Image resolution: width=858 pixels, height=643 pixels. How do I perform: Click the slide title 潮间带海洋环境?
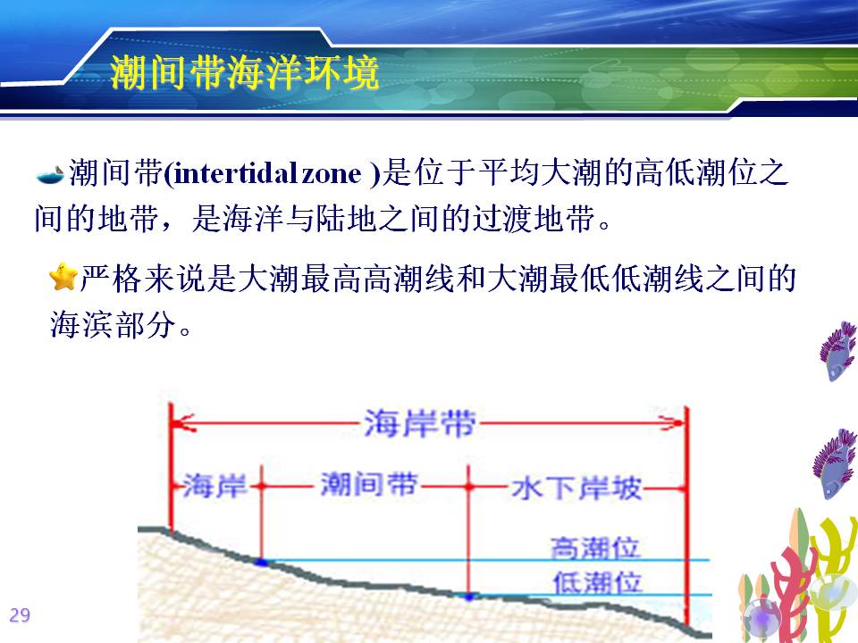[x=244, y=72]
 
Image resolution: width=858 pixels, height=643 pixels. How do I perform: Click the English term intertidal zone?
[x=267, y=174]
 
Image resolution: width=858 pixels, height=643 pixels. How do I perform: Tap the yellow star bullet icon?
[x=63, y=277]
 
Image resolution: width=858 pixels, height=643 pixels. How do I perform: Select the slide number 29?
[x=20, y=615]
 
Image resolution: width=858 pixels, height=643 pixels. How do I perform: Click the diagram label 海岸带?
[x=420, y=423]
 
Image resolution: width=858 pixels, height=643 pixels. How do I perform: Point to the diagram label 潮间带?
[x=369, y=484]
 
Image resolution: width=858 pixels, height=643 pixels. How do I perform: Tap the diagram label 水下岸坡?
[x=576, y=488]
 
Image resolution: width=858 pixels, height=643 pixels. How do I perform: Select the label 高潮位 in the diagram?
[x=595, y=547]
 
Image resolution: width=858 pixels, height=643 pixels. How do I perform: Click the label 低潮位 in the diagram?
[x=597, y=582]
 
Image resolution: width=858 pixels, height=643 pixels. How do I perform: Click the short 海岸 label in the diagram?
[x=214, y=486]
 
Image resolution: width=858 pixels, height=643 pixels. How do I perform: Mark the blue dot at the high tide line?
[x=262, y=562]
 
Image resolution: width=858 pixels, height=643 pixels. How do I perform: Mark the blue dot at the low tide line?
[x=469, y=597]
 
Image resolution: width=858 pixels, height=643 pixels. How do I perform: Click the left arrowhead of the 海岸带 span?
[x=182, y=423]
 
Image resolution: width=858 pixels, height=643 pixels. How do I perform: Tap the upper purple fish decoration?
[x=837, y=351]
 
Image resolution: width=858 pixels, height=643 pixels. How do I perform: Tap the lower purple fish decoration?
[x=835, y=463]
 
